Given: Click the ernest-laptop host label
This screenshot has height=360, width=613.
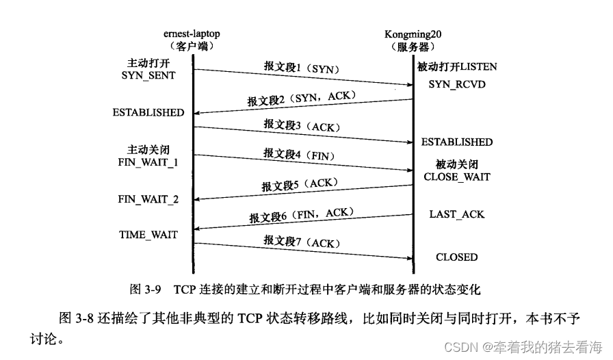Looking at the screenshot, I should [192, 34].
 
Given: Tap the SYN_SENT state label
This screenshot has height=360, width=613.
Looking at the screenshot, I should [148, 75].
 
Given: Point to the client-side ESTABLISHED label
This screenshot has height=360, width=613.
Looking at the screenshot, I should [148, 112].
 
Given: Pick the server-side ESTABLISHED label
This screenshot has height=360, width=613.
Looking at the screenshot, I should [456, 142].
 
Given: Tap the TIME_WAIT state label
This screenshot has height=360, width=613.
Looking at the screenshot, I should [148, 235].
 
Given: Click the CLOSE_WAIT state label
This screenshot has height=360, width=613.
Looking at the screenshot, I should [456, 177].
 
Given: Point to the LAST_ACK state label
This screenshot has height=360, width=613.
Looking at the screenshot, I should [456, 214].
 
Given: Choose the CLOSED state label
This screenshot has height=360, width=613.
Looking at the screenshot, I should [456, 257].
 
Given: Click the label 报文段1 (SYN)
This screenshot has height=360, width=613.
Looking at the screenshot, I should [302, 68].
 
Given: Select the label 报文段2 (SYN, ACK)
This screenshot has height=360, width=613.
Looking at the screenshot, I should [302, 99].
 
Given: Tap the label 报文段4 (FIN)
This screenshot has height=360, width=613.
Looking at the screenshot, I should [299, 155].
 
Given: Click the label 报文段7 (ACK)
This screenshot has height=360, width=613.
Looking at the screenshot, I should [301, 243].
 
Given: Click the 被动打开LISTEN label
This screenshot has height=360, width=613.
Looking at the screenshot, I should [457, 67].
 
